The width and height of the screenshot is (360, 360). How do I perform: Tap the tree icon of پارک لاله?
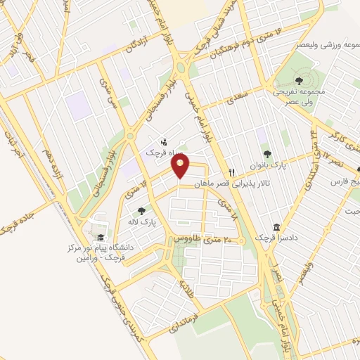141,210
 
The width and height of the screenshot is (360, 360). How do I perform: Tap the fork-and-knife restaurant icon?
231,172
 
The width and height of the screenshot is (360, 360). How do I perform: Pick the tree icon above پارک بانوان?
266,154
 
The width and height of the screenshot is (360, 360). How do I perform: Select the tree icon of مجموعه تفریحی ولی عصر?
300,81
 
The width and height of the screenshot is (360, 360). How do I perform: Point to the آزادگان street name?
140,44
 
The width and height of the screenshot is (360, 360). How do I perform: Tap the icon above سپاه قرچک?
164,141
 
